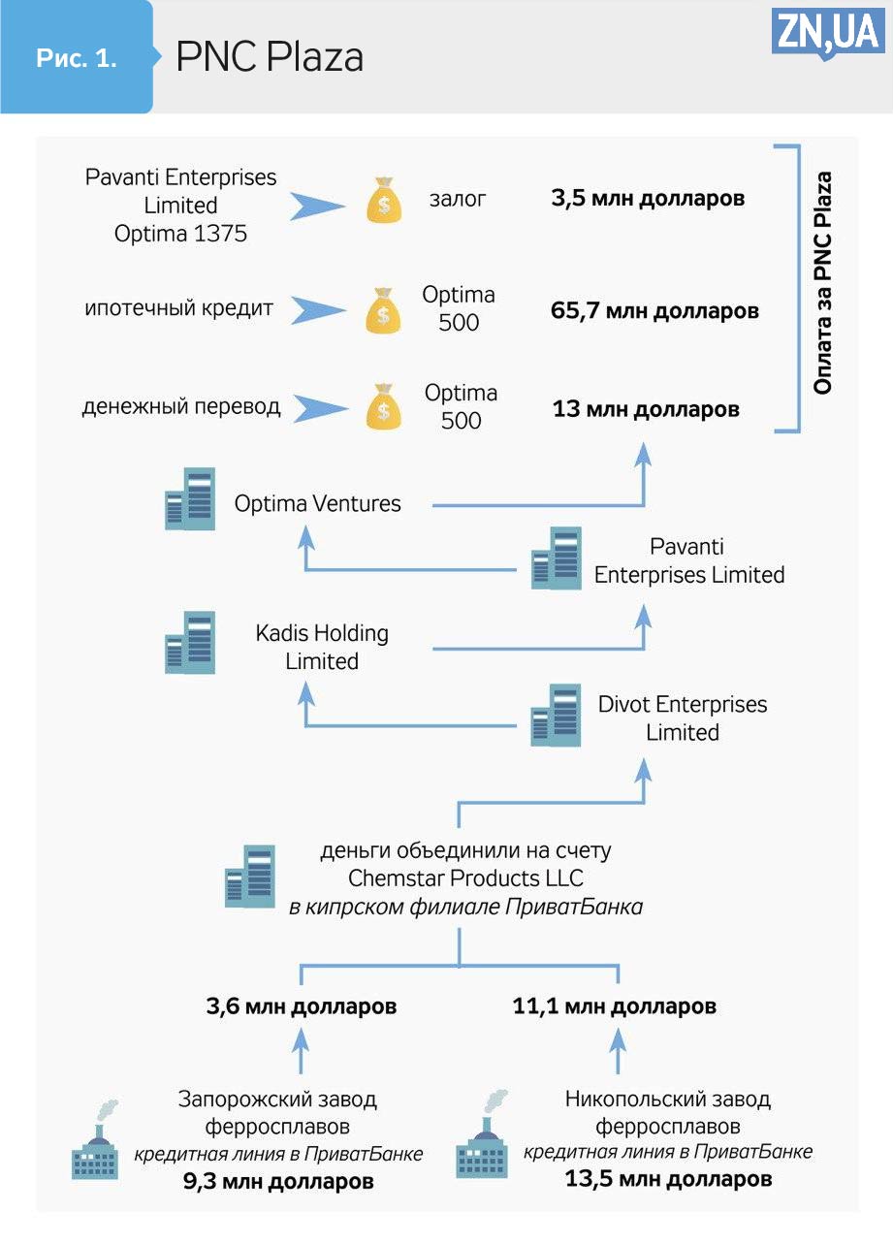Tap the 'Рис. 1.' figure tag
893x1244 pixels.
pyautogui.click(x=77, y=58)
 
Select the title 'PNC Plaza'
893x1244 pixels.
pyautogui.click(x=270, y=58)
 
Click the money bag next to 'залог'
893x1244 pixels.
pyautogui.click(x=385, y=201)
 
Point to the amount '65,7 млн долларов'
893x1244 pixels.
pyautogui.click(x=654, y=311)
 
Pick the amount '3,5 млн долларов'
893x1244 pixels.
pyautogui.click(x=648, y=199)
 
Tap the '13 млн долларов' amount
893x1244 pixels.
pyautogui.click(x=646, y=409)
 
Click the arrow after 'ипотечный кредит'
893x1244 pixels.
pyautogui.click(x=318, y=310)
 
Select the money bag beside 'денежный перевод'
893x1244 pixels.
pyautogui.click(x=385, y=407)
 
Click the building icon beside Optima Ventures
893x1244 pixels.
pyautogui.click(x=190, y=499)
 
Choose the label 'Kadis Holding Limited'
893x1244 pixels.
pyautogui.click(x=322, y=647)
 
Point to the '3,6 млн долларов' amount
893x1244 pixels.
pyautogui.click(x=302, y=1006)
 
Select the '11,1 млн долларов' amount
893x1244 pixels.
pyautogui.click(x=615, y=1006)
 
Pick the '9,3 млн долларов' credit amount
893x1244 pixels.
pyautogui.click(x=277, y=1182)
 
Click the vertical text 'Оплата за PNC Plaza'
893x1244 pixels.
pyautogui.click(x=822, y=283)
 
